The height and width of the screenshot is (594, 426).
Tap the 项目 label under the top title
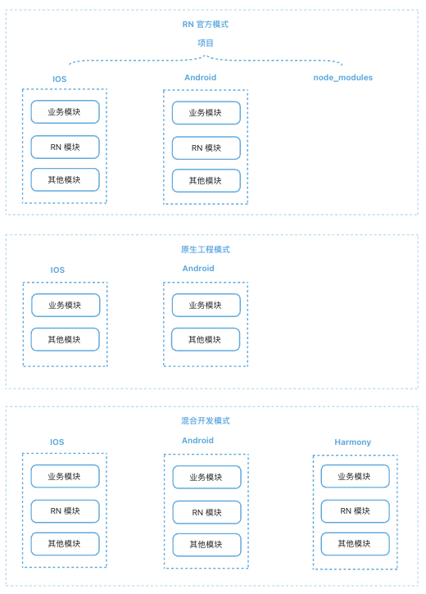[x=206, y=43]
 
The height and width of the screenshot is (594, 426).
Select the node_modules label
[x=342, y=78]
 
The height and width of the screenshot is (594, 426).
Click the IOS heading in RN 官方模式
[x=60, y=79]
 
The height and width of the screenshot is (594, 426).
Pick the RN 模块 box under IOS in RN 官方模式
[x=65, y=147]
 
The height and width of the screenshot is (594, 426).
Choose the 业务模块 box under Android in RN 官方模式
[x=206, y=113]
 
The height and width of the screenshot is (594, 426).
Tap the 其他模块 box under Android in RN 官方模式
[x=206, y=181]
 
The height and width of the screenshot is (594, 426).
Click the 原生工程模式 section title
[x=206, y=250]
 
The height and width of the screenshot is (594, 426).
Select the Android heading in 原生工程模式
[x=198, y=269]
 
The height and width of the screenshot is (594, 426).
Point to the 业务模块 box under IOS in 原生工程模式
[x=66, y=306]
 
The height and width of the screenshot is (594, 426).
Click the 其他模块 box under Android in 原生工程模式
[x=206, y=340]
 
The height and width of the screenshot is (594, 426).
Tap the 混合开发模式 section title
[x=206, y=421]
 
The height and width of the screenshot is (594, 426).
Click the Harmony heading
[x=352, y=442]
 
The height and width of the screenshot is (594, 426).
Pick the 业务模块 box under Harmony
[x=355, y=477]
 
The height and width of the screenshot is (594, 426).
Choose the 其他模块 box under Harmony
[x=355, y=544]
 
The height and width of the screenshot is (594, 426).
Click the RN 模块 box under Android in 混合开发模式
[x=206, y=513]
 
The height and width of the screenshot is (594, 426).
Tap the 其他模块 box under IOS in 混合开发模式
[x=65, y=544]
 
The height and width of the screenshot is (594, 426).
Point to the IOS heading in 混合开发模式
[x=57, y=442]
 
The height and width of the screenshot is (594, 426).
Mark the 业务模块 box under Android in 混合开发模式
[x=206, y=478]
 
